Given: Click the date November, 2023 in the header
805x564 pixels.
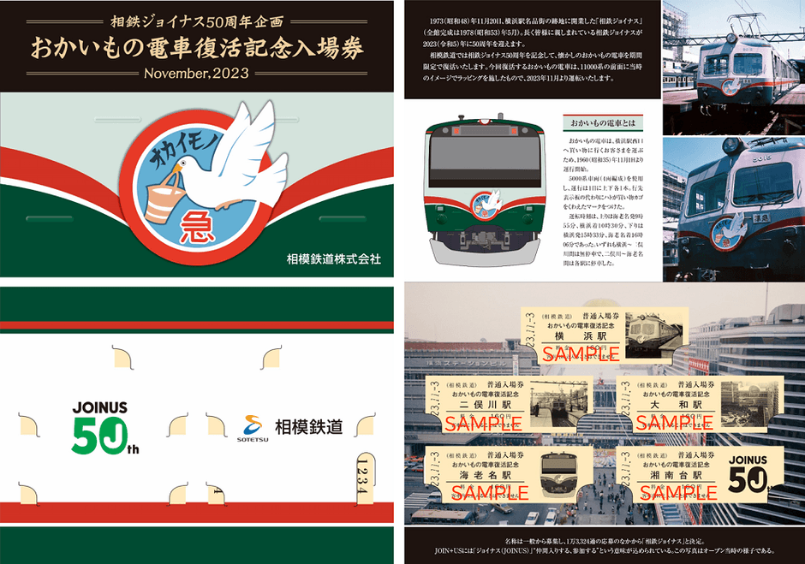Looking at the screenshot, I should pyautogui.click(x=197, y=73).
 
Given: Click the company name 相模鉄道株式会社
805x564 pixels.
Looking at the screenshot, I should pyautogui.click(x=334, y=258).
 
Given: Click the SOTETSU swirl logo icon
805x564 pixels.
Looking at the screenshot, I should pyautogui.click(x=253, y=424).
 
